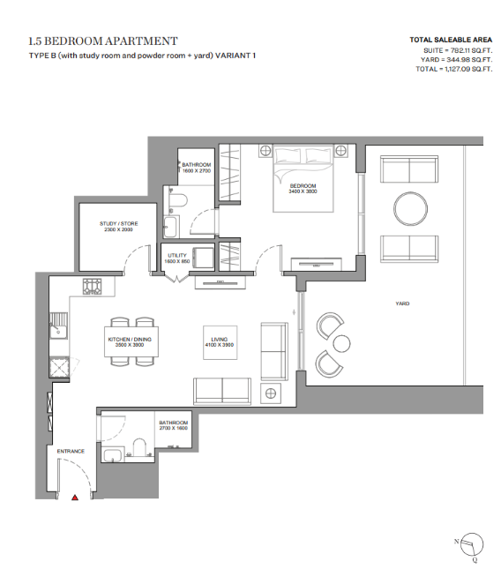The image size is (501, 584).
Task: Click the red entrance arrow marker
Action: pyautogui.click(x=75, y=498)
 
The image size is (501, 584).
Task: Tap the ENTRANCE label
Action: pyautogui.click(x=71, y=451)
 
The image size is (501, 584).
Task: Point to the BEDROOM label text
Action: pyautogui.click(x=303, y=185)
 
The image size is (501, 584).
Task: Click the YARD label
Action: pyautogui.click(x=402, y=303)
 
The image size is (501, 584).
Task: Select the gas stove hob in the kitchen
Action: pyautogui.click(x=92, y=287)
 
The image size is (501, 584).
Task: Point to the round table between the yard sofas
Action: pyautogui.click(x=410, y=208)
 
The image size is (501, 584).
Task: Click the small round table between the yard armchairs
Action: pyautogui.click(x=341, y=343)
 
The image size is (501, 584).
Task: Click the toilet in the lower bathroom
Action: pyautogui.click(x=139, y=447)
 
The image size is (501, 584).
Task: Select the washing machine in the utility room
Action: pyautogui.click(x=203, y=257)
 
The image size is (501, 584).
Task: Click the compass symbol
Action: pyautogui.click(x=471, y=544)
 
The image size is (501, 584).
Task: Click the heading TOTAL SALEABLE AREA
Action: pyautogui.click(x=451, y=40)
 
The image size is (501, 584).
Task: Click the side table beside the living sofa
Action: pyautogui.click(x=271, y=393)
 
